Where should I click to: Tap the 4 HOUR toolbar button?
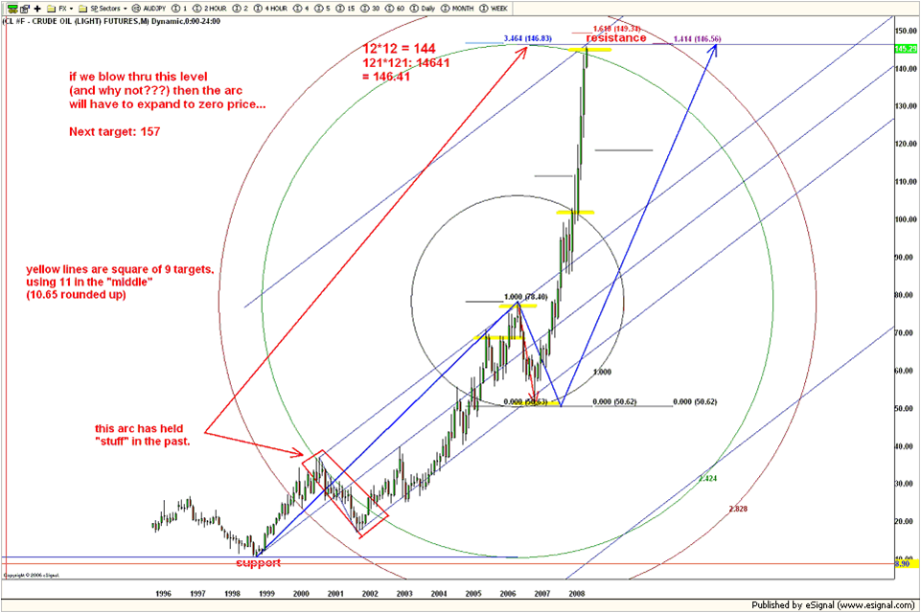pyautogui.click(x=271, y=8)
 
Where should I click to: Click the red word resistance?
pyautogui.click(x=616, y=38)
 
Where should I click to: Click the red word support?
pyautogui.click(x=259, y=563)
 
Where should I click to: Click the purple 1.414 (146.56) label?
pyautogui.click(x=697, y=38)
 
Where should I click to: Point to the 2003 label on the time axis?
pyautogui.click(x=404, y=594)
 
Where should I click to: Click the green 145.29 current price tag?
pyautogui.click(x=906, y=48)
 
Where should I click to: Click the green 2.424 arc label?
pyautogui.click(x=707, y=477)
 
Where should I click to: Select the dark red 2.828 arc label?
pyautogui.click(x=738, y=509)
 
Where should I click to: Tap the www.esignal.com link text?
pyautogui.click(x=863, y=605)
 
